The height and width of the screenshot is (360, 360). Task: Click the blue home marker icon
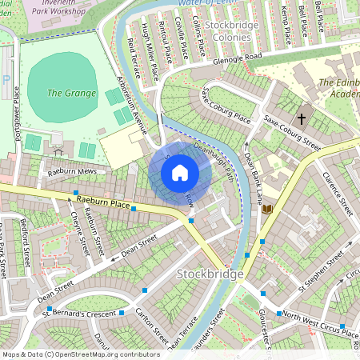click(180, 172)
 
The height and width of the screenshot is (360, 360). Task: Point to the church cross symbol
click(301, 118)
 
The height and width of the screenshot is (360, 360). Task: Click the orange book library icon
click(268, 210)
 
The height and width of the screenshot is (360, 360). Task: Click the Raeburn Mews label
click(70, 170)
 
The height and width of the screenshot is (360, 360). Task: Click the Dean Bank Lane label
click(252, 178)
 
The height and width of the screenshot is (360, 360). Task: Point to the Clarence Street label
click(337, 193)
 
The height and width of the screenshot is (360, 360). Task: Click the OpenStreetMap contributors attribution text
click(80, 354)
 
